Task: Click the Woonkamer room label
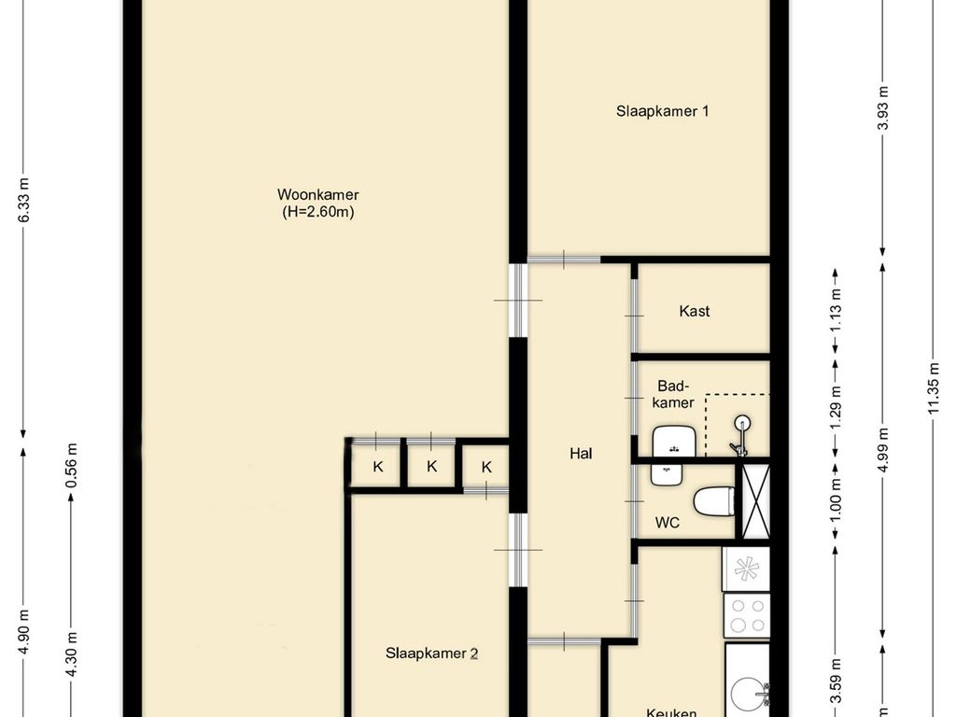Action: (317, 194)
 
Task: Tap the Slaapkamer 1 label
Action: (662, 110)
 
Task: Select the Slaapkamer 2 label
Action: (431, 654)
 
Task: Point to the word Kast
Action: (694, 311)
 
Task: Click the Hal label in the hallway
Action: (581, 454)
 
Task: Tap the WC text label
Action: (667, 523)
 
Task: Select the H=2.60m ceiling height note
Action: (318, 212)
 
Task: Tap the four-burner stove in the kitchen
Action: (747, 615)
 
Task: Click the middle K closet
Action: (431, 467)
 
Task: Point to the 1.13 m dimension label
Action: (836, 308)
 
